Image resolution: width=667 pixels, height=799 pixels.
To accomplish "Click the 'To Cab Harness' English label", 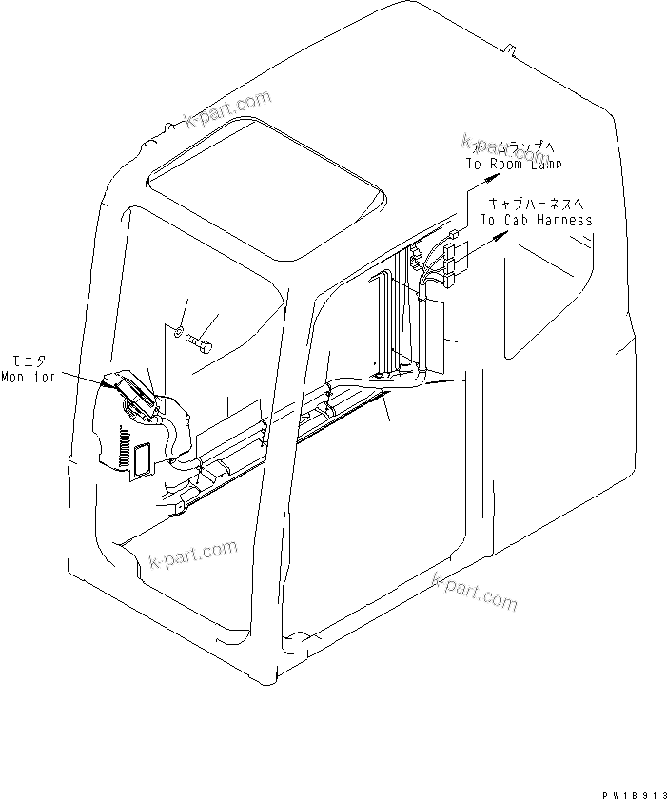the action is point(536,220).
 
